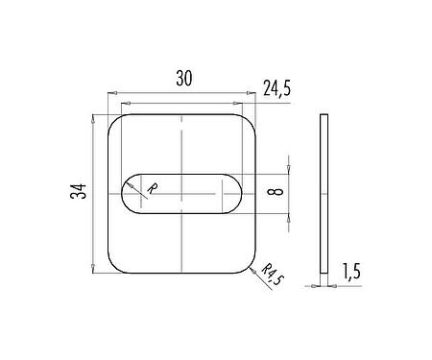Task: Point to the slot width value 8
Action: (277, 192)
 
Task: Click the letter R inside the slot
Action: (152, 188)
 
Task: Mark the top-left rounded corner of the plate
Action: (116, 122)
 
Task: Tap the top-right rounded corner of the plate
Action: (252, 122)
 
